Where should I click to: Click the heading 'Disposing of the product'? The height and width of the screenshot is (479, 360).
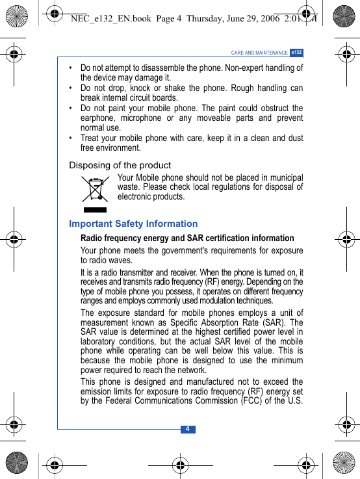(120, 165)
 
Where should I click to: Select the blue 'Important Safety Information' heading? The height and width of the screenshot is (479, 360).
(133, 224)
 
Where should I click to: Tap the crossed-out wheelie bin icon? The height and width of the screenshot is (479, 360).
(96, 189)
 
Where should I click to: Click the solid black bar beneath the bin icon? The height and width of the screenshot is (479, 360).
(96, 210)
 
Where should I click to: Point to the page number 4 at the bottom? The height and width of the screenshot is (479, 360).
(187, 429)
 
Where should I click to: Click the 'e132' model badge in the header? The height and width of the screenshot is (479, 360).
(296, 52)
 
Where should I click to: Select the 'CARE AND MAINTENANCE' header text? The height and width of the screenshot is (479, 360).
(259, 53)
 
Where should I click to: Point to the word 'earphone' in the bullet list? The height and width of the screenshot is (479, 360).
(97, 118)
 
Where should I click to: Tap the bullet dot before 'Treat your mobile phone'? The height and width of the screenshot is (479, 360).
(71, 138)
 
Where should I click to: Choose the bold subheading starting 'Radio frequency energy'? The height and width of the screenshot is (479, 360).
(187, 238)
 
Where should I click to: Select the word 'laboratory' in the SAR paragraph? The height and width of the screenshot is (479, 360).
(99, 342)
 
